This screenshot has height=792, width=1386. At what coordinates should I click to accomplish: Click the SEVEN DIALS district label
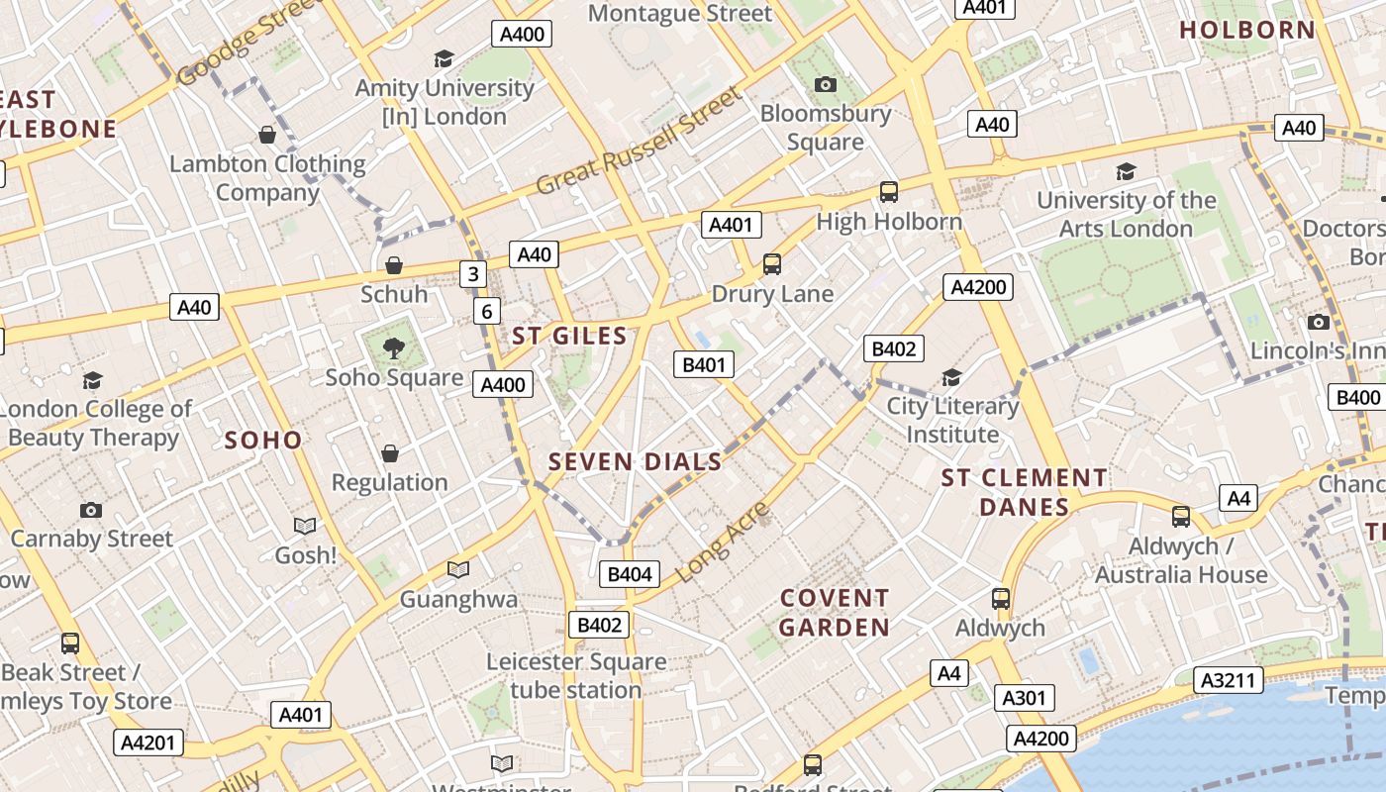coord(635,461)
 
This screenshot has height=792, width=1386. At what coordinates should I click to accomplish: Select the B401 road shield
coord(704,364)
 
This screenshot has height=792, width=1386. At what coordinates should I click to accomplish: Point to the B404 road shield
coord(629,574)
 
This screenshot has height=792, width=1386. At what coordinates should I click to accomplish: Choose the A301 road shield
coord(1024,698)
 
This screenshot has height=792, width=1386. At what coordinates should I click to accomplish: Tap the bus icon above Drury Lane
coord(772,264)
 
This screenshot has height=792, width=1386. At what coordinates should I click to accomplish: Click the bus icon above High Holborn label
coord(889,192)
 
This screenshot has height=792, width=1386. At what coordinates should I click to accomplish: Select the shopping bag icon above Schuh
coord(394,265)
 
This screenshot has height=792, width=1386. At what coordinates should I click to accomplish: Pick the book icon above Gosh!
coord(305,526)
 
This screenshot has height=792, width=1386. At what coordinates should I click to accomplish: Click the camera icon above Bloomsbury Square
coord(825,85)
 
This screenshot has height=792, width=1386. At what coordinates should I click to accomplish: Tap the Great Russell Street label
coord(639,142)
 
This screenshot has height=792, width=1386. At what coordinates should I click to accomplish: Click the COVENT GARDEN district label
coord(835,612)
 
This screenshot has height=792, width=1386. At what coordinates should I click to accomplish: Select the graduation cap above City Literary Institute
coord(951,377)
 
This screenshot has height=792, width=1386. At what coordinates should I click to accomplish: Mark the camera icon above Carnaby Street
coord(91,510)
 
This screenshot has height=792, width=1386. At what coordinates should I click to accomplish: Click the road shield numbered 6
coord(486,312)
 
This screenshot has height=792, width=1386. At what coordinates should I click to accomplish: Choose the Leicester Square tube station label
coord(576,675)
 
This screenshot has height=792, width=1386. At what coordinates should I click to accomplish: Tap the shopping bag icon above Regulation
coord(390,453)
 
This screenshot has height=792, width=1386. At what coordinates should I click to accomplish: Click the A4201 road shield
coord(148,742)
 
